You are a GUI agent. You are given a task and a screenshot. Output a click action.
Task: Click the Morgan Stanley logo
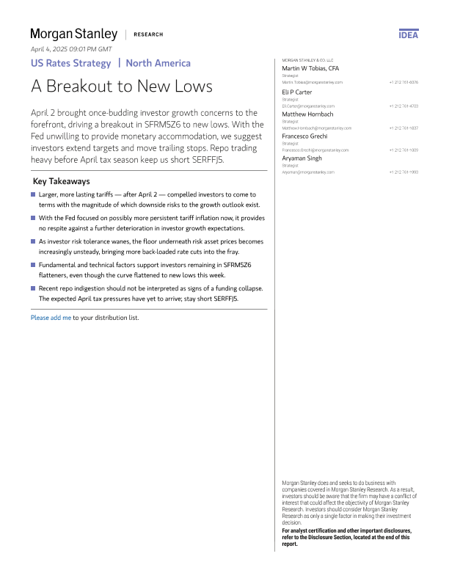tap(73, 34)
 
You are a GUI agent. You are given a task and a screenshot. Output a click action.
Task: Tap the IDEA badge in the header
tap(409, 34)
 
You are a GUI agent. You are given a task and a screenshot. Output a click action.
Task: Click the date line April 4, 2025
tap(70, 48)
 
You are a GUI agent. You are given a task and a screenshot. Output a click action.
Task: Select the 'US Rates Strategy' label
tap(70, 63)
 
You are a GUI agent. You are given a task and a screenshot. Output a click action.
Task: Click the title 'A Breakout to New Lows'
tap(122, 87)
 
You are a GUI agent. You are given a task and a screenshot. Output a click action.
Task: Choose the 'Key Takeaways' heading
tap(62, 181)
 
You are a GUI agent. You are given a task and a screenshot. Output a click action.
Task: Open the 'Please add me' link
tap(51, 318)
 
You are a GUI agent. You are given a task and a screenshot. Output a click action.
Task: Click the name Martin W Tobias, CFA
tap(310, 68)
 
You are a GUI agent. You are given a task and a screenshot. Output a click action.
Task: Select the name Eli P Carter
tap(297, 92)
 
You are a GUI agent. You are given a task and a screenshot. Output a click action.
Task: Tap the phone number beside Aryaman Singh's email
tap(404, 172)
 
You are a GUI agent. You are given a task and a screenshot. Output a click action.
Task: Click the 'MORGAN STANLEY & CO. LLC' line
tap(307, 60)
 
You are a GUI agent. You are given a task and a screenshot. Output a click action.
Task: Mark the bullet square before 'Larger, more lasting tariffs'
tap(33, 194)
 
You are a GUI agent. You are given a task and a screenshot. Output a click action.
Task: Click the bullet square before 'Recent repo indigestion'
tap(33, 288)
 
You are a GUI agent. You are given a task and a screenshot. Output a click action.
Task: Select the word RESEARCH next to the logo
tap(148, 34)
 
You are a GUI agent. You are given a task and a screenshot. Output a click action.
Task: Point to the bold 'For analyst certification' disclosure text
tap(346, 537)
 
